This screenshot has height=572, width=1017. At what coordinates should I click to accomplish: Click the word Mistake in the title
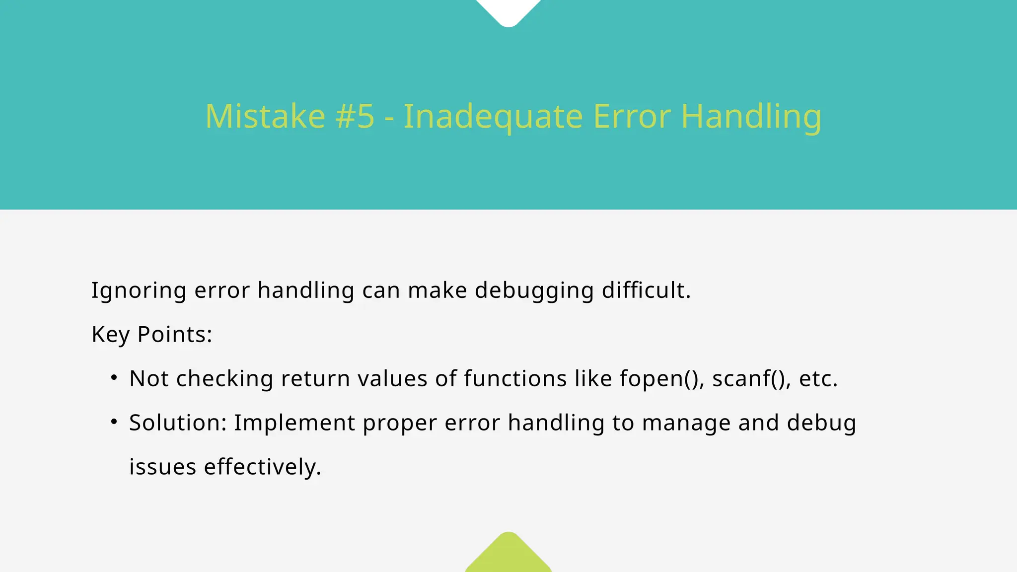(x=265, y=117)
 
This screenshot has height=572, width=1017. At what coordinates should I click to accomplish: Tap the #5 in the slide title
(x=355, y=117)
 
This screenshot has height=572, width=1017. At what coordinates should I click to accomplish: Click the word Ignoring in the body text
(x=139, y=291)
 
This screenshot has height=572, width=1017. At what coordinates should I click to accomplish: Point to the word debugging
(x=534, y=291)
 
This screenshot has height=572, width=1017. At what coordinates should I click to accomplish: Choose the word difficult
(x=646, y=290)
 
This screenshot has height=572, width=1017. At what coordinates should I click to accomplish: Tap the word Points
(x=174, y=334)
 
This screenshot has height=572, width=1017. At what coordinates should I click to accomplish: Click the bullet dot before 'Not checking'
(x=114, y=378)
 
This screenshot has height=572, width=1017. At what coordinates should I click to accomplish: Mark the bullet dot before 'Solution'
(x=114, y=422)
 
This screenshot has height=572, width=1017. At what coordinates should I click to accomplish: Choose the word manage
(x=686, y=424)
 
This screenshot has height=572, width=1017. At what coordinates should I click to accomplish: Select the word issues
(x=162, y=467)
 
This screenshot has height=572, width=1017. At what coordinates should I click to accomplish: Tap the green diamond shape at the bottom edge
(x=508, y=555)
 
